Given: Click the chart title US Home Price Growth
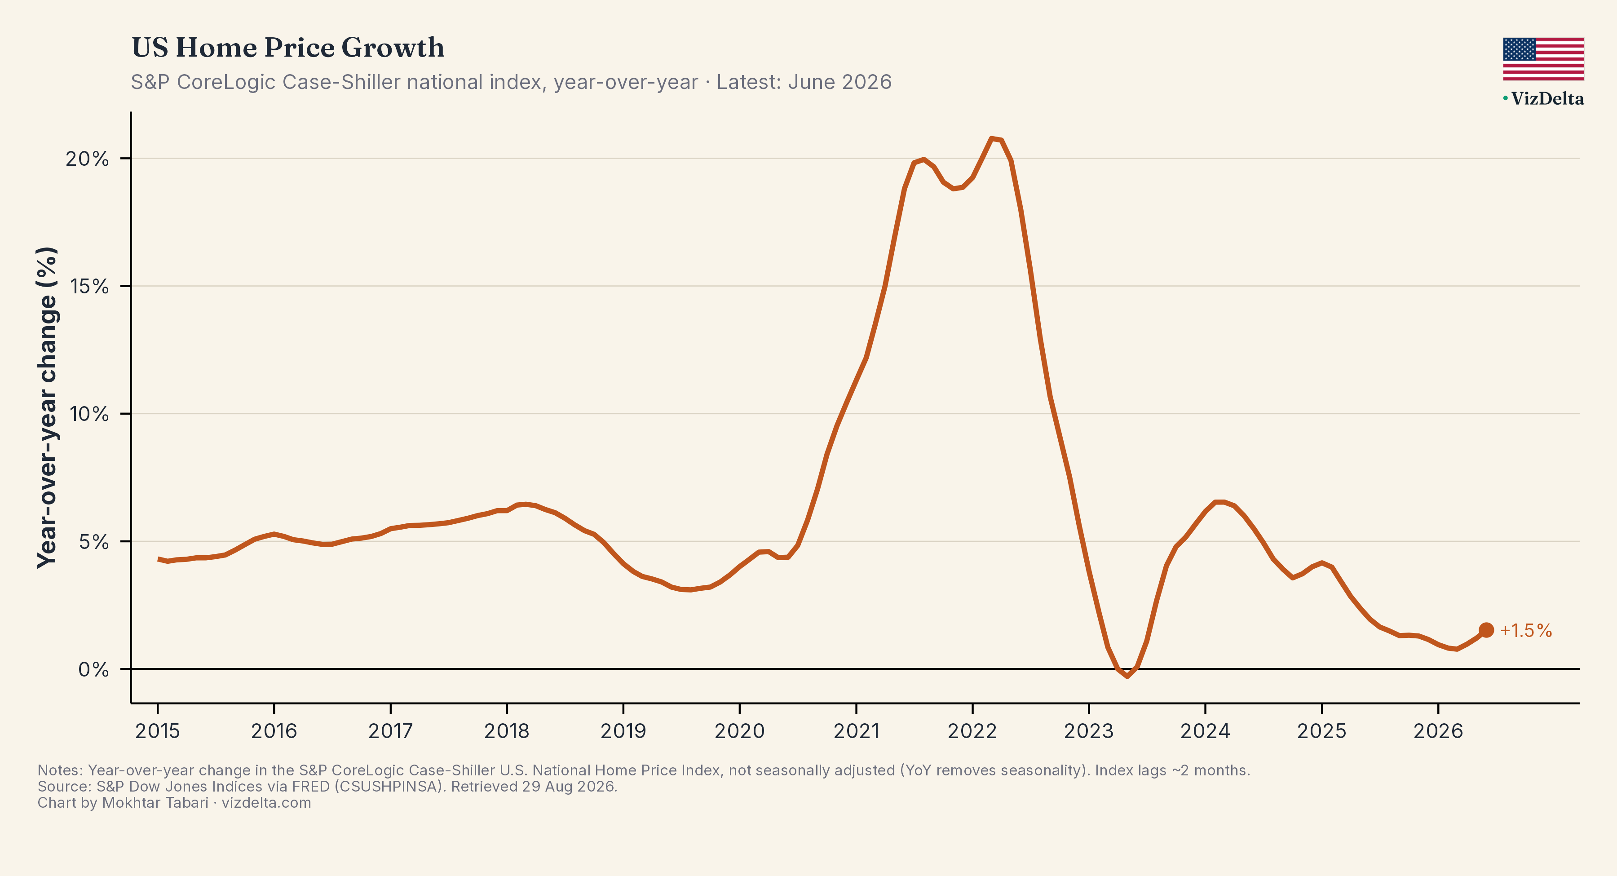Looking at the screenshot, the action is (x=287, y=48).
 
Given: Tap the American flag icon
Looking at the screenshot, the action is (x=1543, y=59).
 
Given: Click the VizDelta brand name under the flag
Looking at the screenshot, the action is (x=1546, y=98).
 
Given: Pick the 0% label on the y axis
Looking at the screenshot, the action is (x=93, y=669).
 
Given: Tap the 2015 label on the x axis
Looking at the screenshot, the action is (x=158, y=731).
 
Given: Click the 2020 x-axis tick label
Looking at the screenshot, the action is (x=739, y=731).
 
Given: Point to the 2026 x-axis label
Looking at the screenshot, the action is (x=1438, y=731).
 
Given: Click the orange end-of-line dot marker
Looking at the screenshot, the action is (x=1486, y=630).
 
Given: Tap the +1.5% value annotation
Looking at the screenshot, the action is (x=1526, y=630).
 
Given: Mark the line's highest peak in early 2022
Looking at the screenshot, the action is (x=991, y=138).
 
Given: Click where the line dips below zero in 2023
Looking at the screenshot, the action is (x=1127, y=676).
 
